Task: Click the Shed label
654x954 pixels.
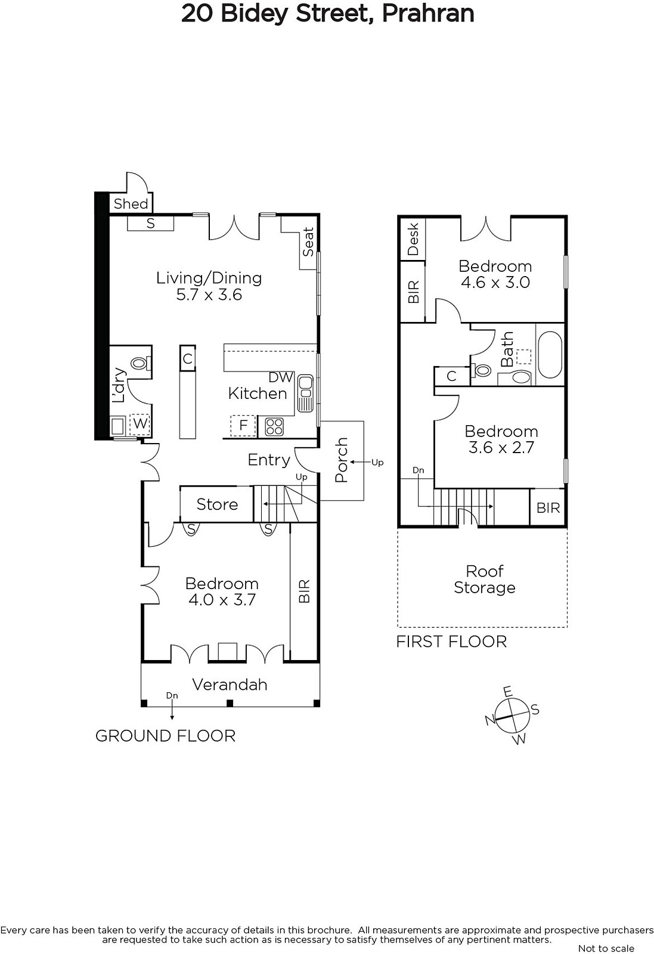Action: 131,203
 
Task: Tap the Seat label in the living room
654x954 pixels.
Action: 308,241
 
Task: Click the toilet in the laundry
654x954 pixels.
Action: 140,363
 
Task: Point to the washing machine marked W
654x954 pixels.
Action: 140,423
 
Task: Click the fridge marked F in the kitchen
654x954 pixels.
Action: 243,425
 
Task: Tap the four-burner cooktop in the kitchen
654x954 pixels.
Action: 274,426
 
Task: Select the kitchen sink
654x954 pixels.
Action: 305,393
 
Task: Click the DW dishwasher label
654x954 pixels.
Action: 281,377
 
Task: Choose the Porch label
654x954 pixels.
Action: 342,460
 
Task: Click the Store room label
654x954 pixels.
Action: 217,504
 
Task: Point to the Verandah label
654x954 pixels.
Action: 230,684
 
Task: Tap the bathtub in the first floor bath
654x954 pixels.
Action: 550,355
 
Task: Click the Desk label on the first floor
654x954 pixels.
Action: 413,239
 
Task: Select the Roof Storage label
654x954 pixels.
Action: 485,579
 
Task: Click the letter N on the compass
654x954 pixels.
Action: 491,720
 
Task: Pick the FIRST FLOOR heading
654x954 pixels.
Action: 451,642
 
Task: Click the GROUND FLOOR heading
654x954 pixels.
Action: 165,736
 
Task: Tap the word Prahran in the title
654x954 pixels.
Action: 428,13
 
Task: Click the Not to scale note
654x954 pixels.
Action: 606,948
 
